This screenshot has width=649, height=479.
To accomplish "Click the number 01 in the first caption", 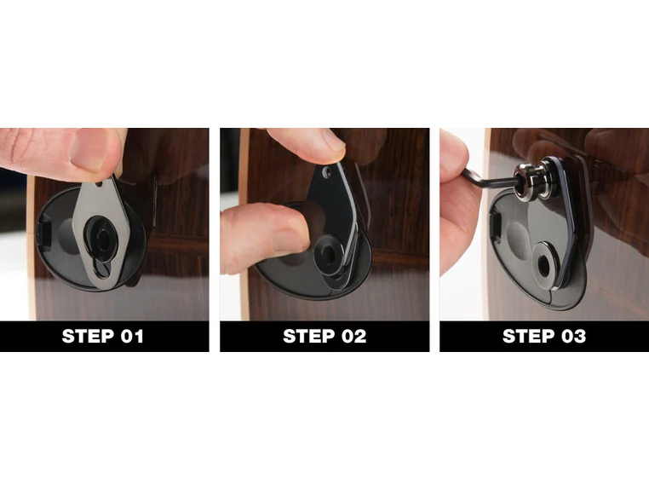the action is point(132,336).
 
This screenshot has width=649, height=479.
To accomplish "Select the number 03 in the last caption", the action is point(573,336).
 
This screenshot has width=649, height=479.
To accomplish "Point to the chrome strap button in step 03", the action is point(531,180).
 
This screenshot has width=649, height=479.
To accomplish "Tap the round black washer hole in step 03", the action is point(546,263).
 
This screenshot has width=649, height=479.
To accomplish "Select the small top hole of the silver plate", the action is point(99,182).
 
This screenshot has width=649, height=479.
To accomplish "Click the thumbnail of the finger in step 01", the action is point(88,150).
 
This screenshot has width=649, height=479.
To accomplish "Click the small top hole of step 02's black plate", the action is point(326,171).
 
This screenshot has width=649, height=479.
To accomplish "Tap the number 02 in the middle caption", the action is point(354,336).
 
